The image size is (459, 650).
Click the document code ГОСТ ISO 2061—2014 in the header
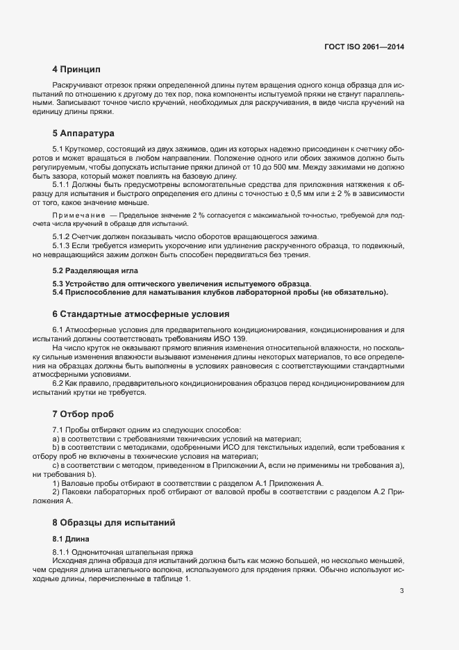(364, 47)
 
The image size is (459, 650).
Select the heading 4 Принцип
(76, 70)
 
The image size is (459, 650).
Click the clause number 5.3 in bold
(59, 284)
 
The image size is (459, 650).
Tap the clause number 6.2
(58, 384)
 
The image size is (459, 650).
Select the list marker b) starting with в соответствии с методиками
(56, 448)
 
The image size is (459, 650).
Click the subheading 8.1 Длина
(71, 538)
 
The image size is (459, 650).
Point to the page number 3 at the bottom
(401, 592)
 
